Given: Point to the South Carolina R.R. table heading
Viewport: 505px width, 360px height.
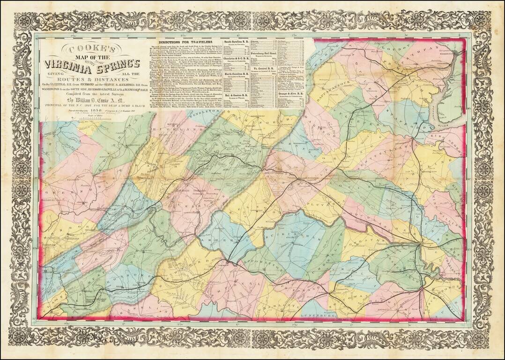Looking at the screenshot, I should click(x=239, y=42).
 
